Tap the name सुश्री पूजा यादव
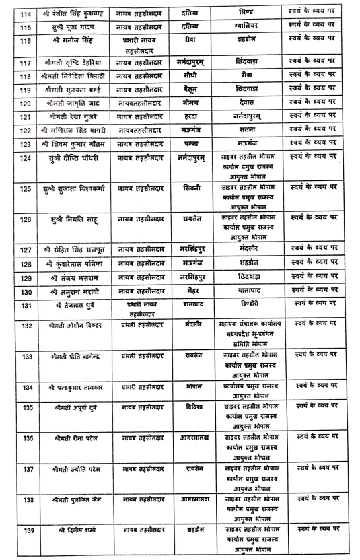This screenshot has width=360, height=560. pyautogui.click(x=68, y=27)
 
